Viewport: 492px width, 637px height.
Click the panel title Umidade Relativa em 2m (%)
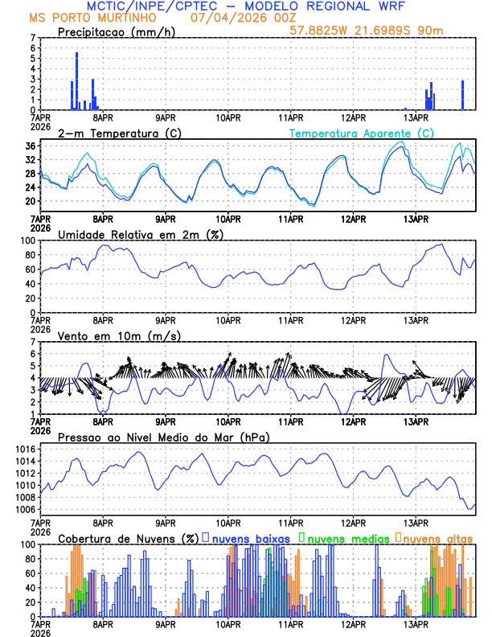pyautogui.click(x=141, y=234)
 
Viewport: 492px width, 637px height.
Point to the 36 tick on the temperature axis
pyautogui.click(x=29, y=146)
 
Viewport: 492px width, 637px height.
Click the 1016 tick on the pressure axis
pyautogui.click(x=26, y=449)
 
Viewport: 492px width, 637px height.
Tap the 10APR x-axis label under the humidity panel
pyautogui.click(x=228, y=319)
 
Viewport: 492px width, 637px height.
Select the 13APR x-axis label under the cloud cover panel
pyautogui.click(x=416, y=623)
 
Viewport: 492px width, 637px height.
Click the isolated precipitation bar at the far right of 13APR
pyautogui.click(x=462, y=95)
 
